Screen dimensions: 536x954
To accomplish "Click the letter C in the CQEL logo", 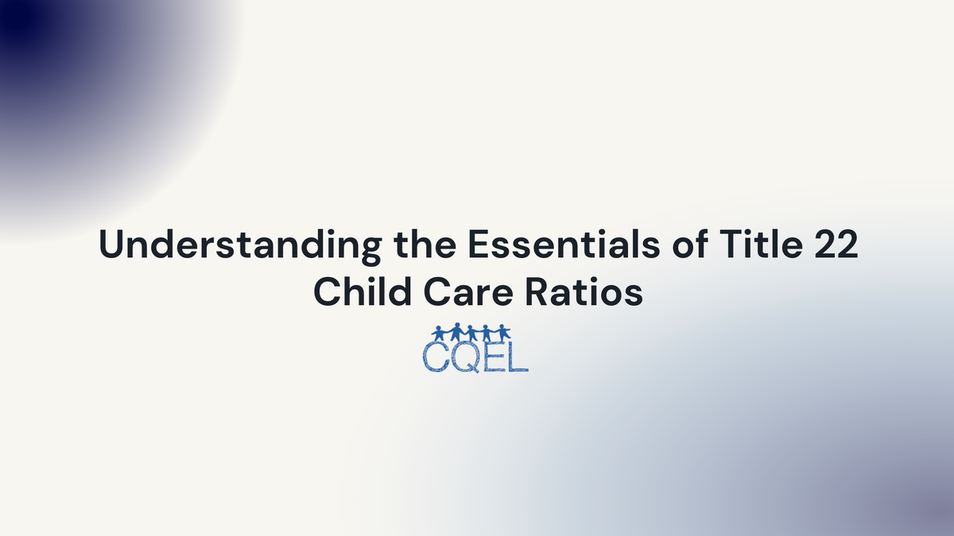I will tap(435, 357).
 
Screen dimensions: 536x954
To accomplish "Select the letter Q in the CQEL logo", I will tap(464, 357).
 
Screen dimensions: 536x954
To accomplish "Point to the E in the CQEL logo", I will tap(493, 357).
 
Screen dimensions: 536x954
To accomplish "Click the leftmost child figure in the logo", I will tap(440, 333).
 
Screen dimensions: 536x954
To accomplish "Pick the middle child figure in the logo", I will tap(471, 333).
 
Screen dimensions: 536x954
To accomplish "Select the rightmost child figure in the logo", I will tap(503, 333).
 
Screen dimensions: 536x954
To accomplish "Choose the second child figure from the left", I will tap(456, 331).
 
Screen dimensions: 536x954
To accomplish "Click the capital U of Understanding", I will tap(111, 245).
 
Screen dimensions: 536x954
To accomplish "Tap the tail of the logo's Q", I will tap(474, 368).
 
